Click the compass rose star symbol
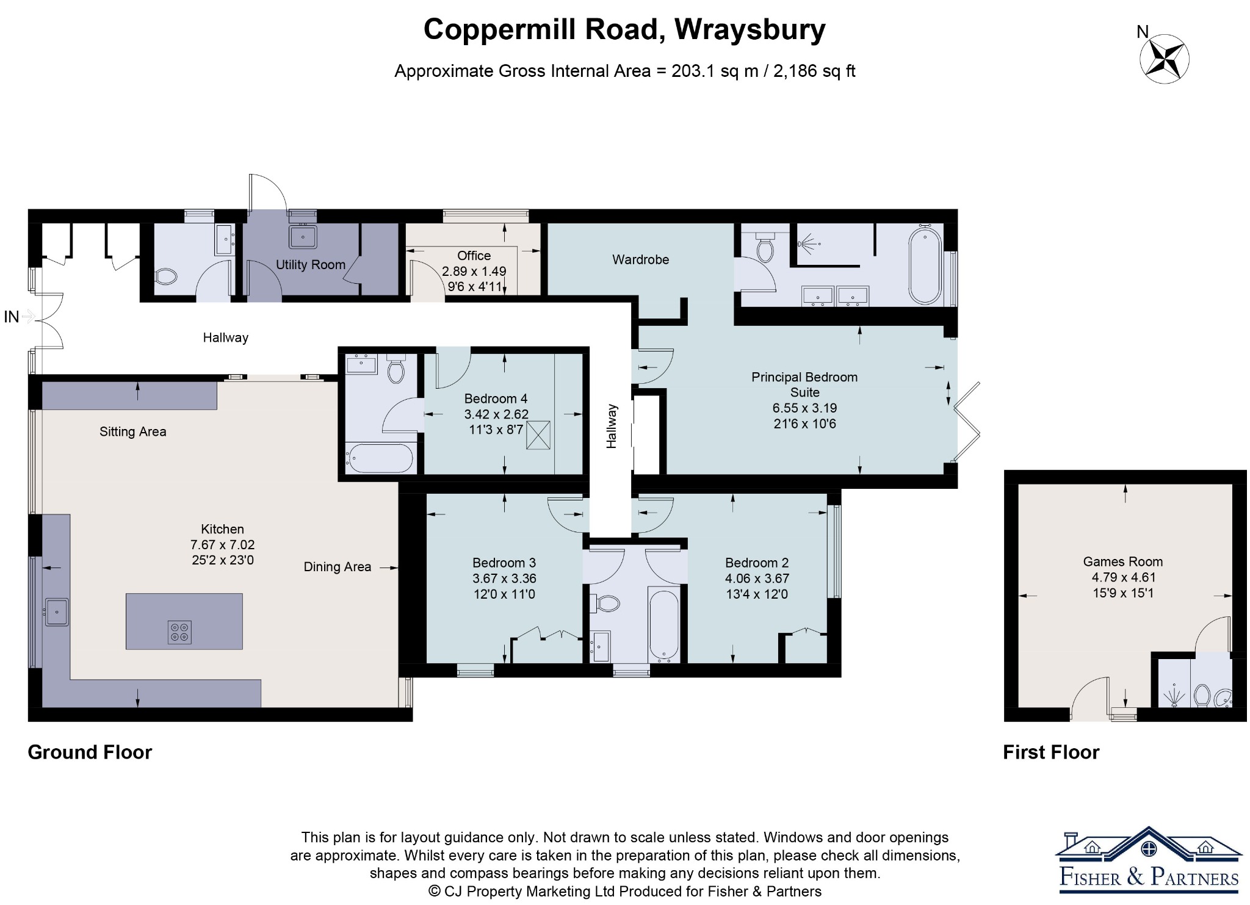tap(1165, 59)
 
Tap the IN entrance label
tap(12, 317)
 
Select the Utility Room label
tap(311, 265)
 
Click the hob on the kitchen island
tap(179, 632)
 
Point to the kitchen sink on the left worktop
tap(56, 612)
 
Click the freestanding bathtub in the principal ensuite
tap(925, 265)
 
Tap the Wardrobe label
tap(641, 260)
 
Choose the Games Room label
tap(1123, 561)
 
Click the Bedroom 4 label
tap(496, 398)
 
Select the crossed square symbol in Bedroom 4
tap(538, 435)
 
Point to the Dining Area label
tap(338, 567)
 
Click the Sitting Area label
tap(133, 432)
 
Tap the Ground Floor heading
tap(90, 752)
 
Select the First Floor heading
tap(1051, 752)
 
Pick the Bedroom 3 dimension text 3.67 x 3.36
tap(504, 579)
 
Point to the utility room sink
tap(303, 237)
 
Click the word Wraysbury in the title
tap(750, 29)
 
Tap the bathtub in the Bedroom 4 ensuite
tap(380, 458)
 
